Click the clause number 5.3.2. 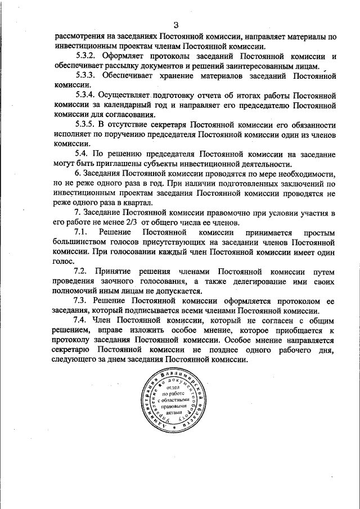(87, 57)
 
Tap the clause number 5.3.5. (87, 124)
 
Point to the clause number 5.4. (82, 154)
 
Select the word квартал (136, 202)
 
